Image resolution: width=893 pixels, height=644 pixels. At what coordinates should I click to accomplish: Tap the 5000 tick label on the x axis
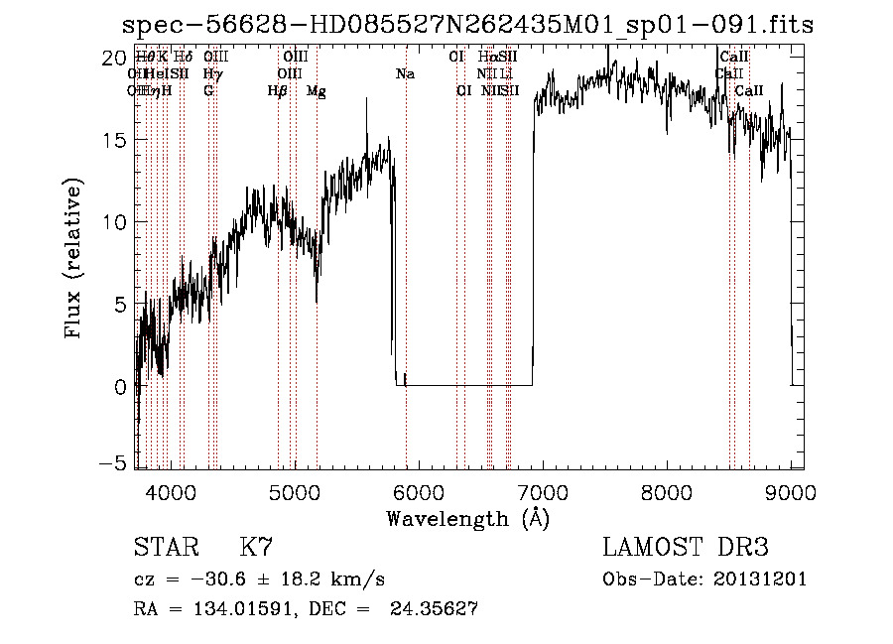294,492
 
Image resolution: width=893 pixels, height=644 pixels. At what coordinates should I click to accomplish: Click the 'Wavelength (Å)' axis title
467,518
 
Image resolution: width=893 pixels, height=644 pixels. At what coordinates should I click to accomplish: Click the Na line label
405,73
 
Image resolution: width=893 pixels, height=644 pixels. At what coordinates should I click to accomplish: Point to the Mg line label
317,91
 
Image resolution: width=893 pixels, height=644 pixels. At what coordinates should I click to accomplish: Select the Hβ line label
278,91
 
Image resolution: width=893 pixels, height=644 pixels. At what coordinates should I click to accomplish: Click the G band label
208,91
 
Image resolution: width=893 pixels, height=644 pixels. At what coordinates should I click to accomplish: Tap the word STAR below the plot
166,549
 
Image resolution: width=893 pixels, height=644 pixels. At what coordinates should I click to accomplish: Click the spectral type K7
255,549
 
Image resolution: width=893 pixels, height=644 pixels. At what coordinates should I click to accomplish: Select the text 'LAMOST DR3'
686,549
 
